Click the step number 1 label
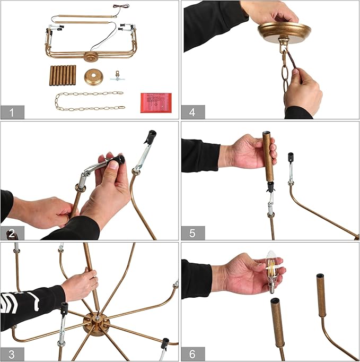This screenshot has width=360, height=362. (x=12, y=113)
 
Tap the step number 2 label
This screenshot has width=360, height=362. (x=12, y=234)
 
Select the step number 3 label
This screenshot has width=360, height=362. (x=12, y=355)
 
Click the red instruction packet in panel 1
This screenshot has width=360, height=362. (x=156, y=103)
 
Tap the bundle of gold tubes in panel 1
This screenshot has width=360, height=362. (x=63, y=75)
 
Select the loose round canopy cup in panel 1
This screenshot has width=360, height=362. (x=93, y=77)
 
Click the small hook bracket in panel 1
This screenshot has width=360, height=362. (x=117, y=76)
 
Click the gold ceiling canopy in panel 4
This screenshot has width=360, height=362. (x=284, y=33)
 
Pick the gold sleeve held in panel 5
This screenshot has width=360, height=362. (x=268, y=157)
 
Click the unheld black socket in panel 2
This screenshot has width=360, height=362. (x=151, y=136)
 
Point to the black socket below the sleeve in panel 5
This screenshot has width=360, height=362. (x=270, y=187)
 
